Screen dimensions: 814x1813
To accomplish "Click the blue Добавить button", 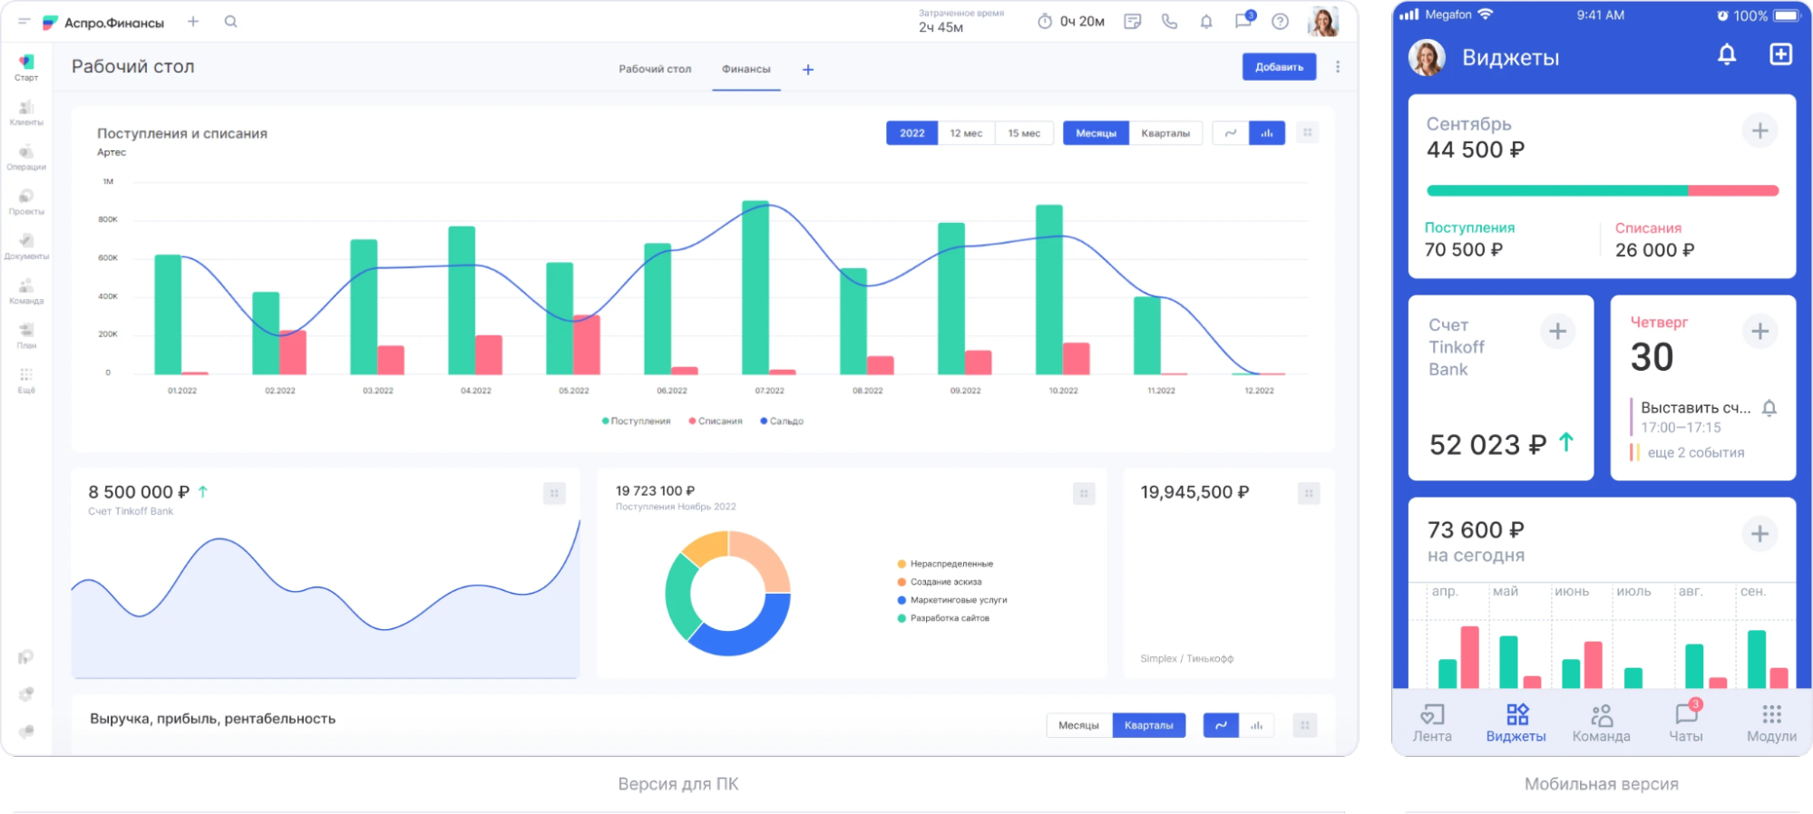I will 1279,67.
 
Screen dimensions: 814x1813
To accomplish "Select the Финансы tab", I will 746,69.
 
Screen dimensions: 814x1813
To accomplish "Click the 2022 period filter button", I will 911,133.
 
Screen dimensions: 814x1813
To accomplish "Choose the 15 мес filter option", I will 1024,133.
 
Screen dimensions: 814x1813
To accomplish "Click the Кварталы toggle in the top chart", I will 1165,133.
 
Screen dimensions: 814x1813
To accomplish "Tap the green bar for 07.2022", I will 755,290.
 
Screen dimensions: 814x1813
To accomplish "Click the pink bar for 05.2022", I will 587,344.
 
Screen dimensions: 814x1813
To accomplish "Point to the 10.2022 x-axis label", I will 1063,391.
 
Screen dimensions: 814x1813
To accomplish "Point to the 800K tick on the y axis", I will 108,219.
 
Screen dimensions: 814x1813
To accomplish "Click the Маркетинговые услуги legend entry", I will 958,600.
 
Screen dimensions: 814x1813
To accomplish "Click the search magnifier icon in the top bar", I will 230,22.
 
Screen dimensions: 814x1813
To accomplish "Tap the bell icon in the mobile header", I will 1727,55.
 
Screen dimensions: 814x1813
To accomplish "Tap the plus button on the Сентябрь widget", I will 1759,131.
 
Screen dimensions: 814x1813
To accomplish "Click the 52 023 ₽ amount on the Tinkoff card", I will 1487,445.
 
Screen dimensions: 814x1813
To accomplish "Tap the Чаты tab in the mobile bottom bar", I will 1686,722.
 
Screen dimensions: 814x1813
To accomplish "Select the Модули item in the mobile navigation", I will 1771,722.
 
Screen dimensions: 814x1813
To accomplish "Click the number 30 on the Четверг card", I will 1652,357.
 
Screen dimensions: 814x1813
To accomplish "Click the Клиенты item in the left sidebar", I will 26,112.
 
